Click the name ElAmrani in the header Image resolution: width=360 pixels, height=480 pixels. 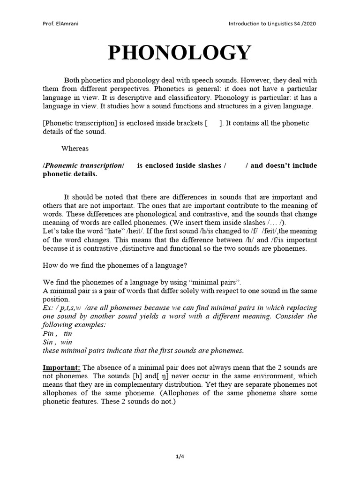67,23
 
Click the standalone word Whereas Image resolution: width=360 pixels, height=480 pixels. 75,148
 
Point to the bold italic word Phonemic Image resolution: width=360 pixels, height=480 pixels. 59,165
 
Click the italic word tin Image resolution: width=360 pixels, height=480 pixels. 68,333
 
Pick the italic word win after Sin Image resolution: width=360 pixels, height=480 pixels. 67,342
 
